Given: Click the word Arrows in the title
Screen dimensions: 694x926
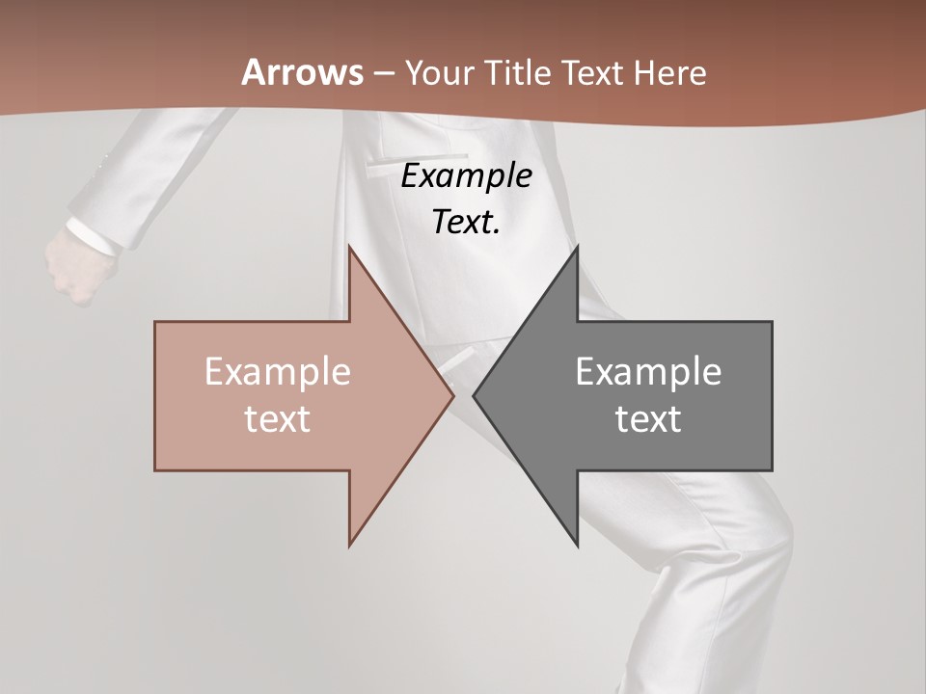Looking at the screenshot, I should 303,73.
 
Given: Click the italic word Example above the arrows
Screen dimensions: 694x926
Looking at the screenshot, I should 466,176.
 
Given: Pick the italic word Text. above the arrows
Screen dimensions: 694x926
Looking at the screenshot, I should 466,223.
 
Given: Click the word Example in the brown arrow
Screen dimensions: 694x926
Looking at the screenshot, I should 277,372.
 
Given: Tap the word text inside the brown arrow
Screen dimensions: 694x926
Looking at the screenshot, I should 277,419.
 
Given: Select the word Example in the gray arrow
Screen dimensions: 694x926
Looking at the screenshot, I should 648,372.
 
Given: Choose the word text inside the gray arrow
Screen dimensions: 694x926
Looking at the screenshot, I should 648,419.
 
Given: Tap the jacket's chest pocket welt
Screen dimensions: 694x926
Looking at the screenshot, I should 415,159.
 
